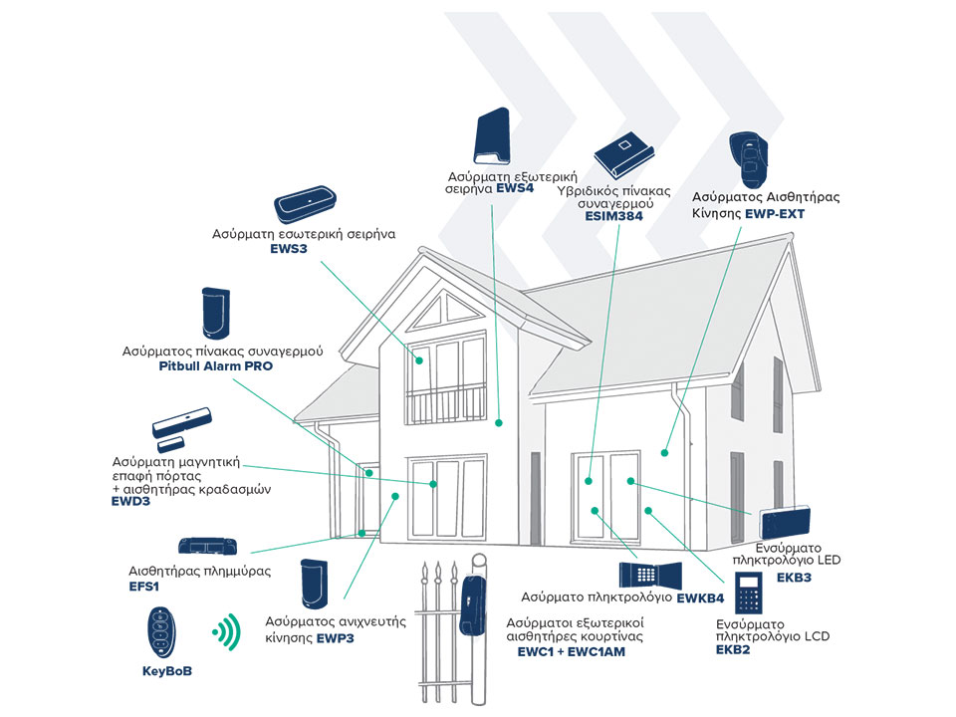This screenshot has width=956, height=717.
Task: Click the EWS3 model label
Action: [x=288, y=250]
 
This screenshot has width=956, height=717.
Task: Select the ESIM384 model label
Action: [x=613, y=214]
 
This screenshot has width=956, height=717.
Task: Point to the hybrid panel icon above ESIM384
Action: [x=621, y=153]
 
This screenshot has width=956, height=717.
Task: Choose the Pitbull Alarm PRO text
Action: [x=215, y=366]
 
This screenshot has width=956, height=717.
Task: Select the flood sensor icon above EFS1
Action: [x=208, y=547]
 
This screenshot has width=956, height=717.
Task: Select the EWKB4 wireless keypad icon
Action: [x=648, y=575]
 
